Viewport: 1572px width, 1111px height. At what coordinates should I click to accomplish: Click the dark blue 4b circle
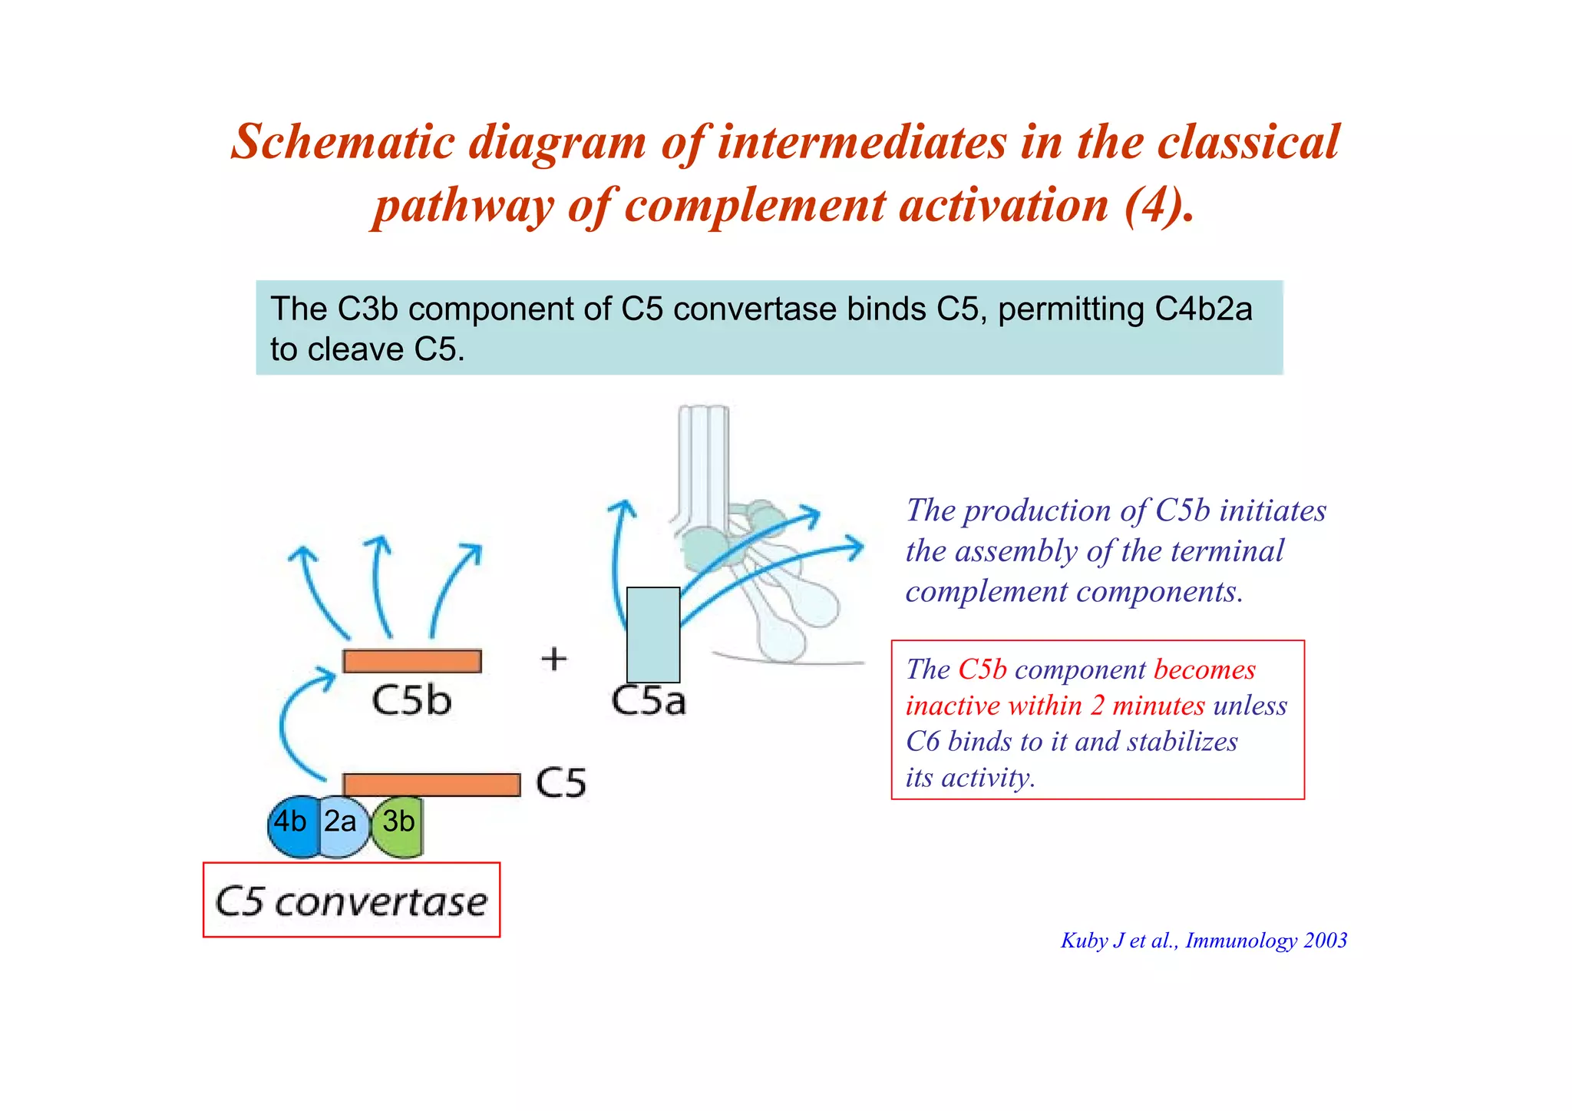(x=291, y=826)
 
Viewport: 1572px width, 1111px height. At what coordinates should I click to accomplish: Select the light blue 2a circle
(x=342, y=826)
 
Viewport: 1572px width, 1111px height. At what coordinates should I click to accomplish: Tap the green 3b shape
(x=398, y=826)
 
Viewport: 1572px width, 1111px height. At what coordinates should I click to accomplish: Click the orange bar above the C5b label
(x=412, y=661)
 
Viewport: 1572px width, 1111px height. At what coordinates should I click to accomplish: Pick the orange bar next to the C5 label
(x=431, y=785)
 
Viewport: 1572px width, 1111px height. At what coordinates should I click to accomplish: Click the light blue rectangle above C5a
(x=653, y=634)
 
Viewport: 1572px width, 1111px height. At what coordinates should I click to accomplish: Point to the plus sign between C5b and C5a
(x=554, y=659)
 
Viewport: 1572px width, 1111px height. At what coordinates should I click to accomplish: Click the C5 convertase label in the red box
(x=351, y=901)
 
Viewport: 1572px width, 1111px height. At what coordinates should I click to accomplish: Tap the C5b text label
(x=411, y=700)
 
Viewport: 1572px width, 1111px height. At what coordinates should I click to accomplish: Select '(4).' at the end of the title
(x=1159, y=206)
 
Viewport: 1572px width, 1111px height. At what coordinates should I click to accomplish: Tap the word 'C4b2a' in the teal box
(x=1203, y=309)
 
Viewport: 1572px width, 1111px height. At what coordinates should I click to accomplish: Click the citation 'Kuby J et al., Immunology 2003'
(x=1204, y=941)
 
